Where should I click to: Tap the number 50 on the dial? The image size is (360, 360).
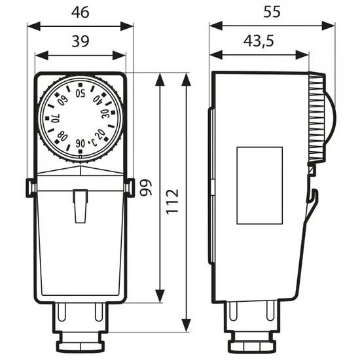pyautogui.click(x=81, y=92)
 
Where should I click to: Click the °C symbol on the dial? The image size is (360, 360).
pyautogui.click(x=92, y=141)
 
